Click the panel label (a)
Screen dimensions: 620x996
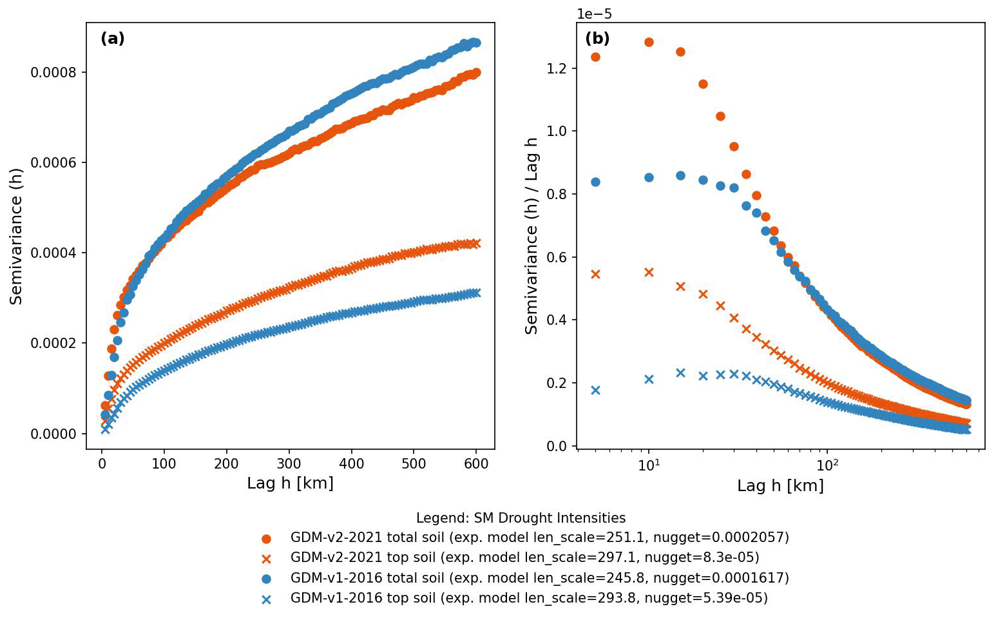pyautogui.click(x=113, y=39)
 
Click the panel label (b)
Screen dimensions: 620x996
pyautogui.click(x=597, y=39)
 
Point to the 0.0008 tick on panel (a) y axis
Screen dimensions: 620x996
pyautogui.click(x=58, y=72)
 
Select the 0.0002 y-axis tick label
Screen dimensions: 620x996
pyautogui.click(x=58, y=344)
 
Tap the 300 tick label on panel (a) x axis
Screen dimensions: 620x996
pyautogui.click(x=289, y=463)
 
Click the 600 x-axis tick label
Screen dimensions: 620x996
pyautogui.click(x=476, y=463)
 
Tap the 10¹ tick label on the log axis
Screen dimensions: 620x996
pyautogui.click(x=649, y=465)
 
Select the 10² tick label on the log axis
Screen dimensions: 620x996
pyautogui.click(x=827, y=465)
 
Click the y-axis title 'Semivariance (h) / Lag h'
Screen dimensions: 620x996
pyautogui.click(x=532, y=236)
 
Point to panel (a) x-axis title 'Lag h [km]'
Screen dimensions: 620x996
pyautogui.click(x=290, y=483)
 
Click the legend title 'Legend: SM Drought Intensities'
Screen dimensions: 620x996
pyautogui.click(x=521, y=518)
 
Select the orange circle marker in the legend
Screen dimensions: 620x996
pyautogui.click(x=266, y=539)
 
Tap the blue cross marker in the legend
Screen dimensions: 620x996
pyautogui.click(x=266, y=599)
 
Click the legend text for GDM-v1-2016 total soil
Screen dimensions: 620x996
pyautogui.click(x=539, y=578)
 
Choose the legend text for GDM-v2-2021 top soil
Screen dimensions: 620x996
pyautogui.click(x=524, y=557)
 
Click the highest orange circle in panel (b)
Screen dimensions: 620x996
pyautogui.click(x=649, y=43)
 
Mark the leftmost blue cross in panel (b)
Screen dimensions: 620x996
pyautogui.click(x=595, y=390)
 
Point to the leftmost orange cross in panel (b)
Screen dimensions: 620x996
pyautogui.click(x=595, y=275)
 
